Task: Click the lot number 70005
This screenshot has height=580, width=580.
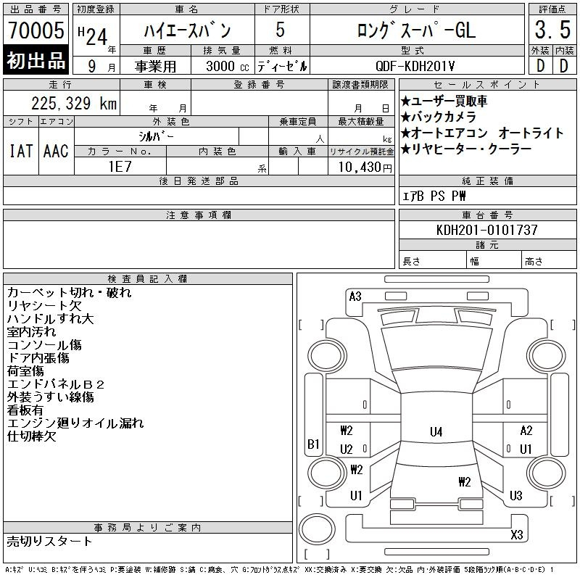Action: click(36, 30)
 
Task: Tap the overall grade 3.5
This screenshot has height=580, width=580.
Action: click(552, 30)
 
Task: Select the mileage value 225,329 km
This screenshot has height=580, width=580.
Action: click(74, 103)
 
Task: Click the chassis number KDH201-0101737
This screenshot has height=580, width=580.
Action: click(486, 230)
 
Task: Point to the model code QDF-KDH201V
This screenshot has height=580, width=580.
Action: click(415, 66)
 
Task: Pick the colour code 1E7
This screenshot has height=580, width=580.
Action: click(120, 167)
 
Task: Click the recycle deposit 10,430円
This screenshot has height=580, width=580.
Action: click(365, 167)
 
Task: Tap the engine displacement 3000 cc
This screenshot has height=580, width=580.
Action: click(228, 66)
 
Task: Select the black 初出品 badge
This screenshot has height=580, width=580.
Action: click(36, 59)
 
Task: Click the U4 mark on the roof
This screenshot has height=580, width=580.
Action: click(436, 431)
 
